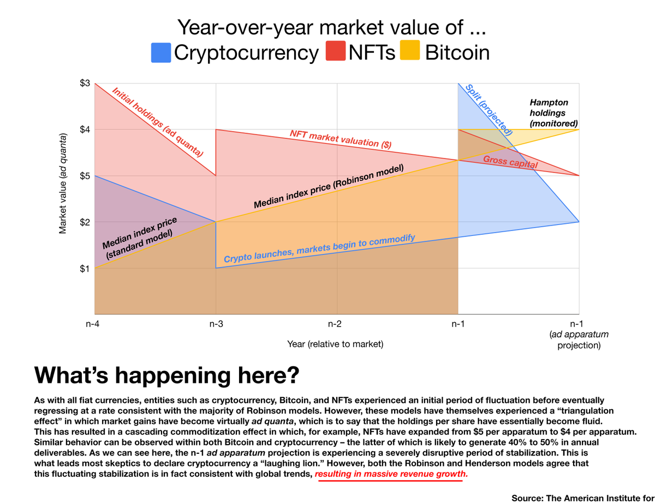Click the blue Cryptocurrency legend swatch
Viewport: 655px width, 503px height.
[161, 52]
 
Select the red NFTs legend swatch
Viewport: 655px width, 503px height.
[335, 52]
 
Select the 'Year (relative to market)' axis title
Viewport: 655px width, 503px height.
[335, 344]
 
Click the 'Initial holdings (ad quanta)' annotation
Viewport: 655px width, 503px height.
[157, 122]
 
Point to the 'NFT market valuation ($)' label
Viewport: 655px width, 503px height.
[341, 139]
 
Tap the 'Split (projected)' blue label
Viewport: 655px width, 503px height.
[489, 109]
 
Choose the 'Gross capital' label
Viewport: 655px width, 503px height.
[510, 161]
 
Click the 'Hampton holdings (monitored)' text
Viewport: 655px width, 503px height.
[553, 113]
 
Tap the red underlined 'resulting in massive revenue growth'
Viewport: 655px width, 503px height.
[391, 475]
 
